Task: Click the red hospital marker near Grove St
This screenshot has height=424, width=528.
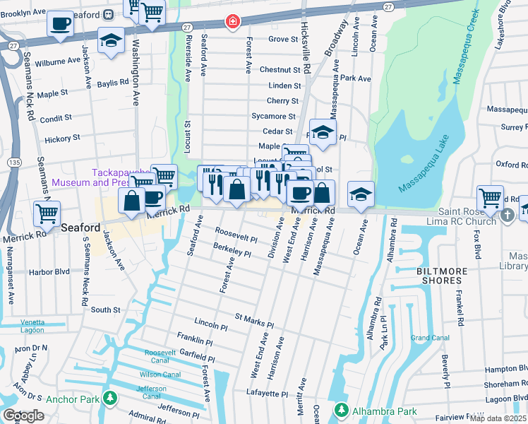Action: (231, 23)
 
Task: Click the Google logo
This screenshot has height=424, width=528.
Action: (23, 415)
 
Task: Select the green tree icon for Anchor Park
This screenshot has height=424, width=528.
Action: (109, 399)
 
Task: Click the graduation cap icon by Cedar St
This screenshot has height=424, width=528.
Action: (323, 131)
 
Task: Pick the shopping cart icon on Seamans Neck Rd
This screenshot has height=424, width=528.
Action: (47, 212)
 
